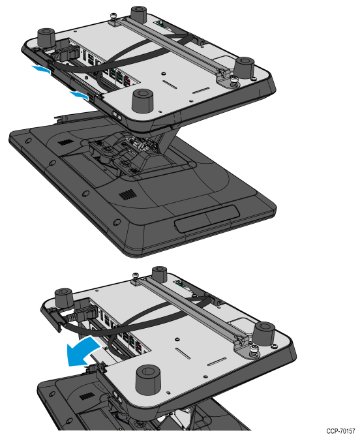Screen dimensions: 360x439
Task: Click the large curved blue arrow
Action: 81,352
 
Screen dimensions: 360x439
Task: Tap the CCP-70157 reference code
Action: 340,431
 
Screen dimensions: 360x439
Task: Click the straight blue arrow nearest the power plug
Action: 41,69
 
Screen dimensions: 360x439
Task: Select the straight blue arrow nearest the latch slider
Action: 79,95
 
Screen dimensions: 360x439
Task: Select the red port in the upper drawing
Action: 127,82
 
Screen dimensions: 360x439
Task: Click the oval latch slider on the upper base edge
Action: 117,115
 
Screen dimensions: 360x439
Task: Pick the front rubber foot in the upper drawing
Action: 142,100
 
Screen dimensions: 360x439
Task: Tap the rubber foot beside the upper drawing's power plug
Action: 46,37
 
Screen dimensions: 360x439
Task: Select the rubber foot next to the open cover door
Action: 64,299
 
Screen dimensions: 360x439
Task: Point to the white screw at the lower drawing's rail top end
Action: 136,275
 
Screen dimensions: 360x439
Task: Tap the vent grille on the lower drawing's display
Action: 87,397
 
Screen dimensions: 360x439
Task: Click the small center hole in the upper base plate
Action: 163,74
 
